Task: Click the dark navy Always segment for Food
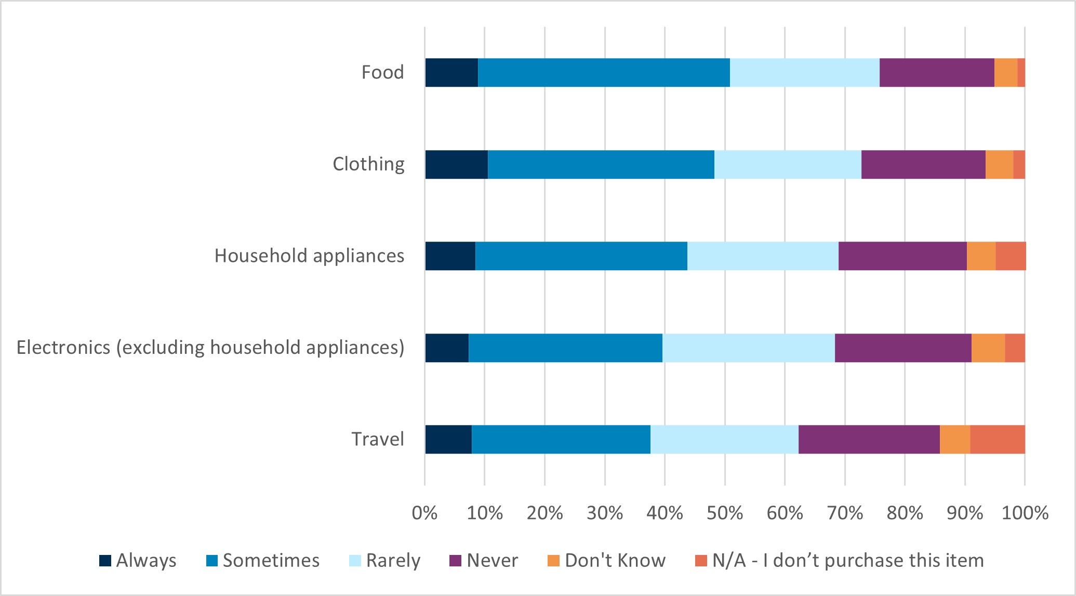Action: pos(451,73)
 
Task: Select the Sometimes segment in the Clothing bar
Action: pos(601,165)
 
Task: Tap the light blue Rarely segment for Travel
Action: pos(724,440)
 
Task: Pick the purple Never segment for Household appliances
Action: pos(902,256)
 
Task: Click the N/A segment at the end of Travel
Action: pos(998,440)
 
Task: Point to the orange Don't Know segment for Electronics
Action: pos(988,348)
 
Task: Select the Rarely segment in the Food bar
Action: pos(804,73)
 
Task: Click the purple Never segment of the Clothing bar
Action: pos(923,165)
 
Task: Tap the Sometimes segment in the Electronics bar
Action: pos(565,348)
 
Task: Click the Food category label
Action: pos(382,72)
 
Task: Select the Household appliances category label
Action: pos(309,256)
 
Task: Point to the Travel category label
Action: pos(378,439)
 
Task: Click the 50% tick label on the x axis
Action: pos(725,513)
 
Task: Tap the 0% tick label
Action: pos(424,513)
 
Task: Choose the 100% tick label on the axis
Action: pos(1025,513)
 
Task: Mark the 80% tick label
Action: pos(905,513)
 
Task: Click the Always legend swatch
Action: pos(105,561)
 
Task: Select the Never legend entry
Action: pos(491,561)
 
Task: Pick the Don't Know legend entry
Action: pos(615,561)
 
